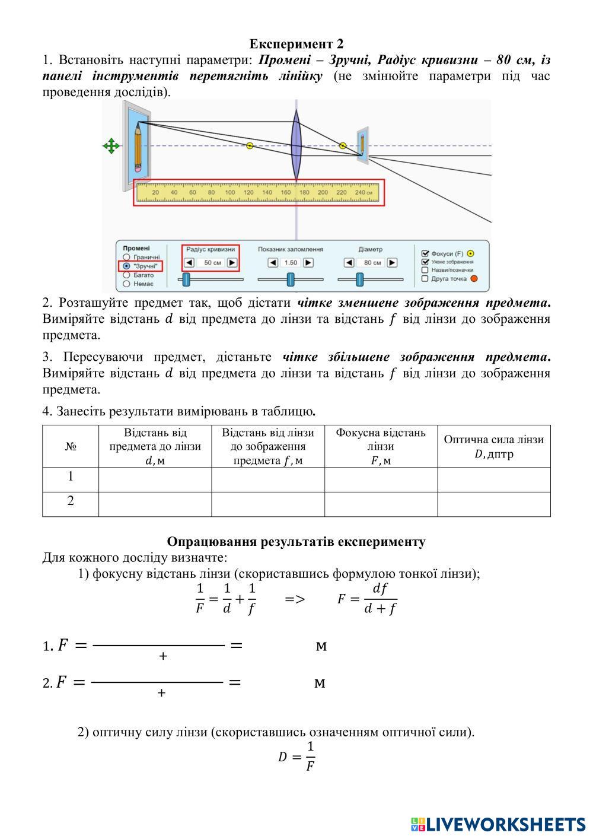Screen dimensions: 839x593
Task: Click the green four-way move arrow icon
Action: point(111,145)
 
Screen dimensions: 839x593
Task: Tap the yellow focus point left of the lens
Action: point(250,145)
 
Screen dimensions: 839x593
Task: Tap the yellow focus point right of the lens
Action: point(343,145)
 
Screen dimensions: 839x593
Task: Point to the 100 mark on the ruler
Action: point(229,192)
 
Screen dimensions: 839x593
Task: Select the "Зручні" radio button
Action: point(126,266)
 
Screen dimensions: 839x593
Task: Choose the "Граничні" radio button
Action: point(126,258)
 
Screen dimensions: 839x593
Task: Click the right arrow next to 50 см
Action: point(232,262)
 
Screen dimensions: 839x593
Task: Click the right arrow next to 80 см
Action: point(392,262)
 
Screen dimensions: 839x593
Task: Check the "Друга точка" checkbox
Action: point(425,278)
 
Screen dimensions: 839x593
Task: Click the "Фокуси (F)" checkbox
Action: point(425,253)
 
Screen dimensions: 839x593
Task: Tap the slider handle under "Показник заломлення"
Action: point(291,279)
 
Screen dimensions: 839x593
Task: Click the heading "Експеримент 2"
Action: point(296,44)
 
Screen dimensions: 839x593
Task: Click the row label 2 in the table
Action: point(71,501)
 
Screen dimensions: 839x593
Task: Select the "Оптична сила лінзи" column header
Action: point(493,446)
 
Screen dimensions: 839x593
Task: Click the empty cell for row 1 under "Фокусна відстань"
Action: point(381,479)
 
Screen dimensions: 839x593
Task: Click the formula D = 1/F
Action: point(296,756)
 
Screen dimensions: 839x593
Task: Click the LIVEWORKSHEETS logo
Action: point(498,824)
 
